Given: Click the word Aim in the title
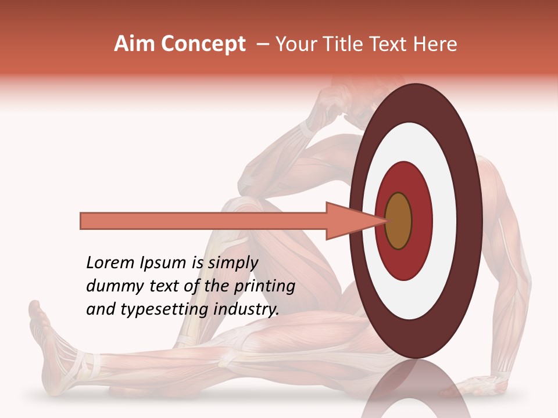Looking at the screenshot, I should click(x=134, y=44).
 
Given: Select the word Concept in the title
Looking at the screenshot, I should click(x=203, y=44).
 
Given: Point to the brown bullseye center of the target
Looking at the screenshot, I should click(x=398, y=221).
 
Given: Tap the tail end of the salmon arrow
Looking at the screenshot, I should click(x=81, y=221).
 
